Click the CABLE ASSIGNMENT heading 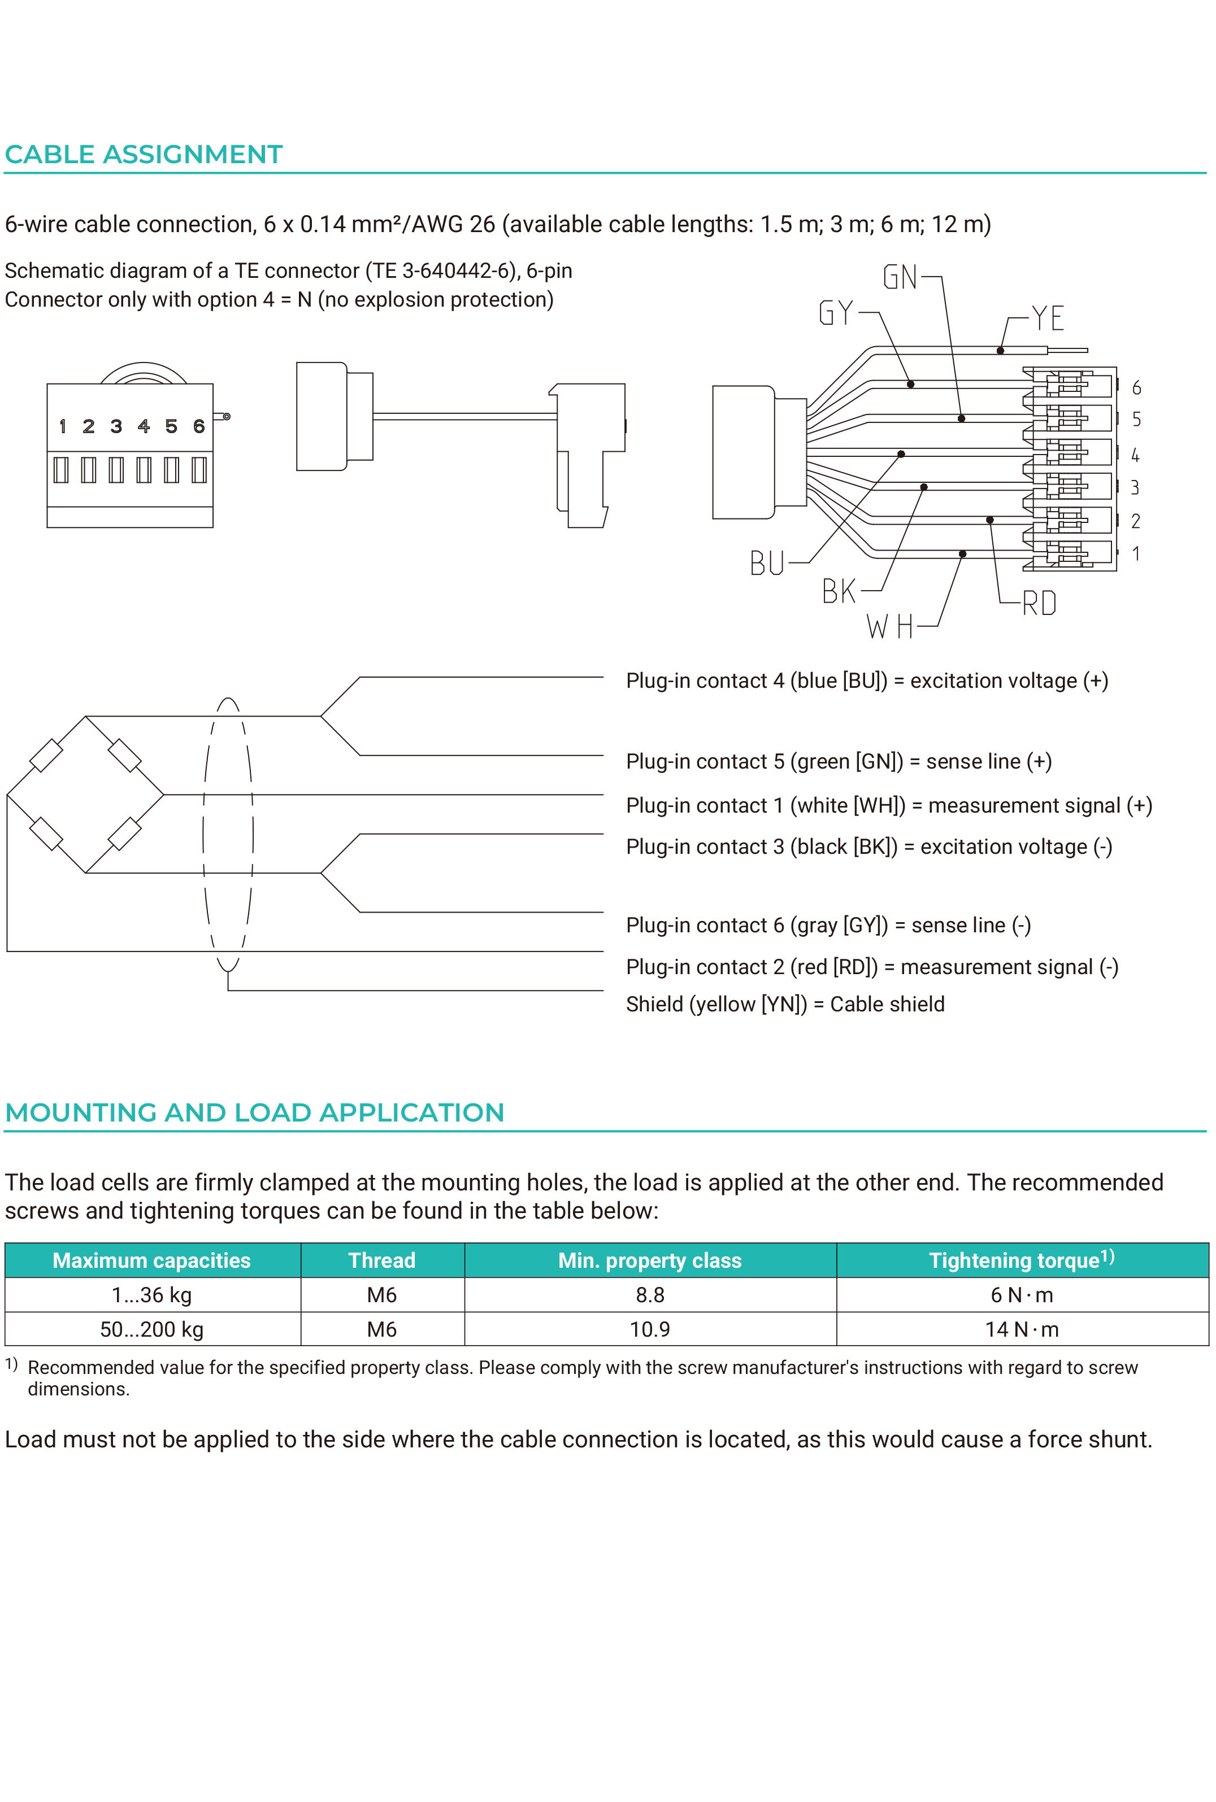tap(144, 154)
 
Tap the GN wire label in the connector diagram tap(900, 277)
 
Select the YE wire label tap(1048, 318)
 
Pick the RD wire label tap(1039, 603)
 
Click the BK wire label tap(839, 591)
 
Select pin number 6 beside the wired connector tap(1136, 387)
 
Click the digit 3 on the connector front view tap(116, 426)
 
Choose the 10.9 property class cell tap(650, 1329)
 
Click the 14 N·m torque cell tap(1022, 1329)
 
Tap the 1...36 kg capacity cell tap(152, 1295)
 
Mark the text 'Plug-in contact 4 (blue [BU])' tap(756, 680)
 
